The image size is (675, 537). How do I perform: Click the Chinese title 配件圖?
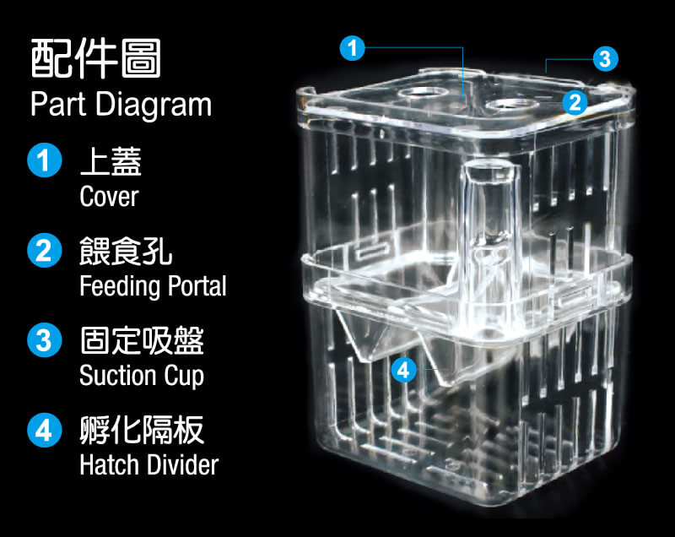coord(96,58)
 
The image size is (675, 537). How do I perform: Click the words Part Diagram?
coord(121,105)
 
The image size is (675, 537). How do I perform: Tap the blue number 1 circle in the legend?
coord(45,160)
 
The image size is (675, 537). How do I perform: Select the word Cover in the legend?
coord(109,197)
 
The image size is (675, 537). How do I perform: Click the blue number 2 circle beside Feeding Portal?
coord(45,250)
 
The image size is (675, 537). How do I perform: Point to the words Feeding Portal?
coord(153,286)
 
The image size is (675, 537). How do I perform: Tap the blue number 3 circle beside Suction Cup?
coord(45,339)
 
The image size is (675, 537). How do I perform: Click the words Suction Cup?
coord(142,376)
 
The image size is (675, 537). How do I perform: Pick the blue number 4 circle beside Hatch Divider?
coord(45,430)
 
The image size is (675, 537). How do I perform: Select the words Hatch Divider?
coord(149,465)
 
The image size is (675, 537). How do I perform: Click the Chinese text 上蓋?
coord(111,161)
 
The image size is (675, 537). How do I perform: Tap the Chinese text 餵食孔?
coord(126,251)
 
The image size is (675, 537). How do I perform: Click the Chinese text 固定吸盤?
coord(142,340)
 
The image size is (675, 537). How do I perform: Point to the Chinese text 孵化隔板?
coord(142,431)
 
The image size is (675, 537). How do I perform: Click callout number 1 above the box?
coord(352,48)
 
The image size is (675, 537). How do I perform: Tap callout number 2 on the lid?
coord(575,102)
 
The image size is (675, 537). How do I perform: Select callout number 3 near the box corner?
coord(605,58)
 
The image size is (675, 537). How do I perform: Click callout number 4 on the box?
coord(403,370)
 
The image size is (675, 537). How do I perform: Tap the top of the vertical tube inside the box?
coord(490,171)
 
